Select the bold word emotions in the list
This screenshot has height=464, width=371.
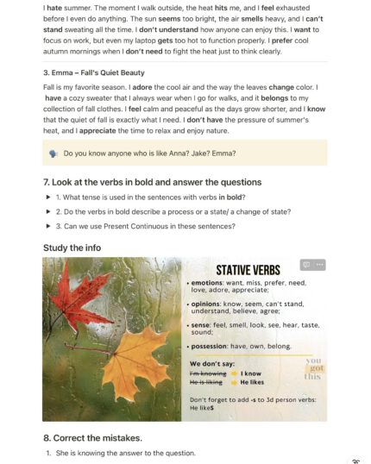[x=208, y=283]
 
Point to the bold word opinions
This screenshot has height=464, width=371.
[x=208, y=304]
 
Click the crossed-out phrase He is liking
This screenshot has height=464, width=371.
[x=208, y=381]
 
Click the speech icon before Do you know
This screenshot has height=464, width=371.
[x=53, y=154]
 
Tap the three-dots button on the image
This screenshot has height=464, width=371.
[x=320, y=265]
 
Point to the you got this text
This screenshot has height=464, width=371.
[x=312, y=368]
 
